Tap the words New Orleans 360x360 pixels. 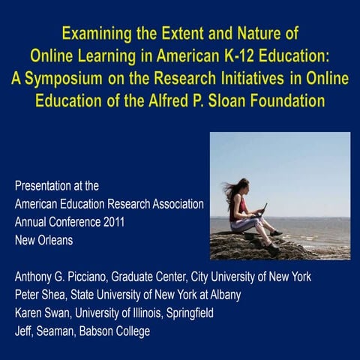click(42, 239)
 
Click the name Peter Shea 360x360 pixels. click(39, 295)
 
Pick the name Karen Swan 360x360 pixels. click(41, 313)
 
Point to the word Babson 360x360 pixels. click(110, 331)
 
